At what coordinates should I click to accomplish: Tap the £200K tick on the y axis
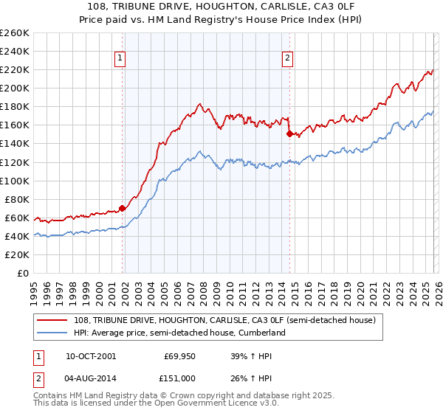(14, 88)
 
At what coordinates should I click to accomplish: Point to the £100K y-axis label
(14, 181)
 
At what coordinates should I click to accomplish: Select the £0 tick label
(22, 273)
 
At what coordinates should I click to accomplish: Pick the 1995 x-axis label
(34, 288)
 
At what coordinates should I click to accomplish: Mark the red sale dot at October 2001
(123, 208)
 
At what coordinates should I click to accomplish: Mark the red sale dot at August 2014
(289, 133)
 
